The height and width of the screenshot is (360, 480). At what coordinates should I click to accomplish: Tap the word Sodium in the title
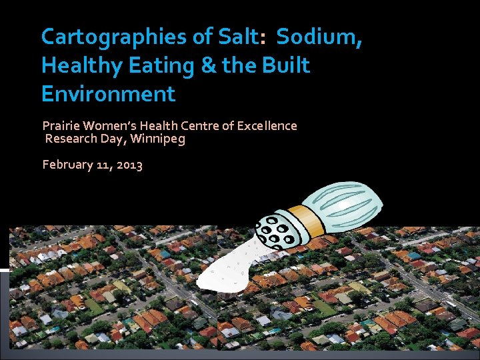tap(319, 37)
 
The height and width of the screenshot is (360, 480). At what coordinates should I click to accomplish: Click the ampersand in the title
tap(200, 65)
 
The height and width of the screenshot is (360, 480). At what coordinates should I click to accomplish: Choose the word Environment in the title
tap(108, 93)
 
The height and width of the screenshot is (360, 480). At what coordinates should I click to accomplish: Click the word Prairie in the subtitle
tap(61, 125)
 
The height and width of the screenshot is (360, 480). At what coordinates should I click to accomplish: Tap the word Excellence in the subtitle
tap(265, 125)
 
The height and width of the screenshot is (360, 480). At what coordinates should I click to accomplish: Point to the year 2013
tap(129, 165)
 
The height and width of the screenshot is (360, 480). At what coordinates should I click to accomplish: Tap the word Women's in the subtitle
tap(110, 125)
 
